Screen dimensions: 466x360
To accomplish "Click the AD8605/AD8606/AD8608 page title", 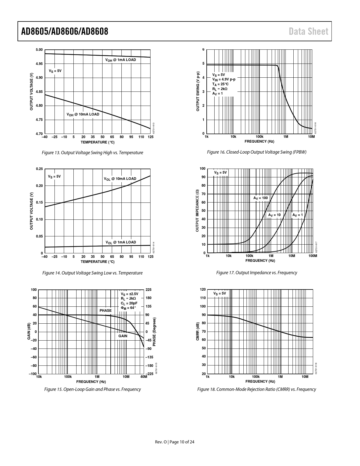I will [x=65, y=31].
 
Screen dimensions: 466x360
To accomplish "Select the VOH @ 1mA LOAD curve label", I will [x=121, y=60].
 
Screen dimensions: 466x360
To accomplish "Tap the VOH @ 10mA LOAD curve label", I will [x=83, y=114].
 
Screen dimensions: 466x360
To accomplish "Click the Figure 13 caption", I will [x=92, y=153].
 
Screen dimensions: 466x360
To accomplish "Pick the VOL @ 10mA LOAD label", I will [x=120, y=179].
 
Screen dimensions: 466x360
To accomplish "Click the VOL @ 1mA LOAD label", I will [x=121, y=242].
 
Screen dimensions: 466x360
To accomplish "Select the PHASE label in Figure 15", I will [x=106, y=310].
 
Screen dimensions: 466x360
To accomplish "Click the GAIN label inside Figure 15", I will [x=123, y=336].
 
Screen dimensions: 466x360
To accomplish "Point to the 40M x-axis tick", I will [x=144, y=377].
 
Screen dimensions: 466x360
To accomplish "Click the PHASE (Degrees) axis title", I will [x=154, y=332].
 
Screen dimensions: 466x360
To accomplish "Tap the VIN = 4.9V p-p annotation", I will [x=224, y=79].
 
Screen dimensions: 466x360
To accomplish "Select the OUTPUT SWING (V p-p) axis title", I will [x=198, y=91].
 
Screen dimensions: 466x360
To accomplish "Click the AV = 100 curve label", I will [x=260, y=198].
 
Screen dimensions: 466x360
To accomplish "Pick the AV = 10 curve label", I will [x=274, y=215].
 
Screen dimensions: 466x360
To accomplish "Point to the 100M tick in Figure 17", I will [x=313, y=256].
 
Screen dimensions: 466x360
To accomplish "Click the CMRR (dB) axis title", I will [x=198, y=332].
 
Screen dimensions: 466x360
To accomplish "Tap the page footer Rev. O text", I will [x=160, y=442].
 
